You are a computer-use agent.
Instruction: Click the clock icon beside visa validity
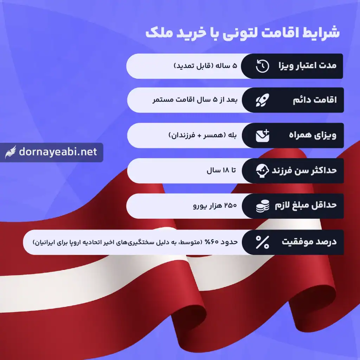pos(262,66)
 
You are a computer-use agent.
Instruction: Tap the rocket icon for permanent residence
pos(262,101)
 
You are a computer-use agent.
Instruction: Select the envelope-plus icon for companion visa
pos(262,135)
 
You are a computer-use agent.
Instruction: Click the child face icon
pos(262,171)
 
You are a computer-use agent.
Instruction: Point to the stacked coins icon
pos(262,206)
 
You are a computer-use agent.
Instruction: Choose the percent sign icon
pos(262,242)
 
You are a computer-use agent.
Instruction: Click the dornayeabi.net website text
pos(58,152)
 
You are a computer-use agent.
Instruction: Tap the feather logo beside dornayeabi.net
pos(11,152)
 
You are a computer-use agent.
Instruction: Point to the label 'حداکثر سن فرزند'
pos(304,171)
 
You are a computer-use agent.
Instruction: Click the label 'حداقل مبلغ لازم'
pos(305,206)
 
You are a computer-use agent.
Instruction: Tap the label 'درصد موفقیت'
pos(309,242)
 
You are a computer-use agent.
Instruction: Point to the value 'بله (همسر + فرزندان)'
pos(204,135)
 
